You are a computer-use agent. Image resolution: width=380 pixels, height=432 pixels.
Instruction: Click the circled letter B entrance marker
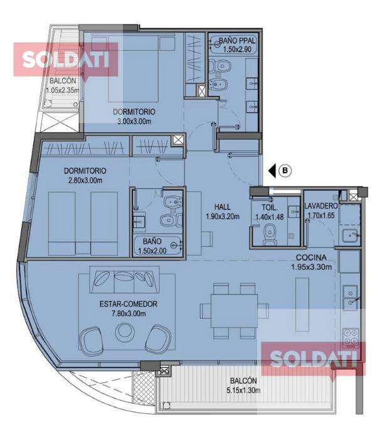click(285, 171)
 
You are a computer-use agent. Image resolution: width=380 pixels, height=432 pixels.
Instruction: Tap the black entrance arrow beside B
click(272, 171)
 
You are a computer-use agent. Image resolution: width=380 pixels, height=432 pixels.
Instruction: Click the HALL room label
click(223, 207)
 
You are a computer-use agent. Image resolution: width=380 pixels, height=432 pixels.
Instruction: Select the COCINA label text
click(311, 257)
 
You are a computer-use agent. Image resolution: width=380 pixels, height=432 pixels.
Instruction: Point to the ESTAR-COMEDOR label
click(128, 304)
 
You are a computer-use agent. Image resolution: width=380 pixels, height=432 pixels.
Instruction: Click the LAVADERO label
click(321, 206)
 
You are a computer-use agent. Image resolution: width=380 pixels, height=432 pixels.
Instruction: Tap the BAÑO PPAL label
click(237, 40)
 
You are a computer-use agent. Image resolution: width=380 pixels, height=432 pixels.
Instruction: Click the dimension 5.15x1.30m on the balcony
click(243, 391)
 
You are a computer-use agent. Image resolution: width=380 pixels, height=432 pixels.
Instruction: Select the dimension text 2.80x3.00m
click(85, 180)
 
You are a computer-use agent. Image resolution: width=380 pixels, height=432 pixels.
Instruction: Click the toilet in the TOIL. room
click(270, 235)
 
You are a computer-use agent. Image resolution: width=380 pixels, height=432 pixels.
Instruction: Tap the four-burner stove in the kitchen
click(351, 338)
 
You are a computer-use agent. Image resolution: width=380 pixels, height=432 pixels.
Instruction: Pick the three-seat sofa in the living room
click(124, 279)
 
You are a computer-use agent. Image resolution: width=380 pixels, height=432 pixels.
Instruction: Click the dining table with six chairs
click(234, 311)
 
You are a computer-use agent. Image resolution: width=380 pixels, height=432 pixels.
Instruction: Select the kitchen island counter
click(302, 304)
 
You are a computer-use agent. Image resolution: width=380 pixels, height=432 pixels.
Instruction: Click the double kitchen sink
click(351, 297)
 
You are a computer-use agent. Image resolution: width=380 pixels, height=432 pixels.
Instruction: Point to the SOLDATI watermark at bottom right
click(313, 359)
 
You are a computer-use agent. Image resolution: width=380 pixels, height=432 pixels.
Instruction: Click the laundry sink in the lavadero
click(351, 236)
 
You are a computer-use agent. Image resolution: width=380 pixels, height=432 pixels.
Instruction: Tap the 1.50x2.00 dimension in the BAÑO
click(152, 251)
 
